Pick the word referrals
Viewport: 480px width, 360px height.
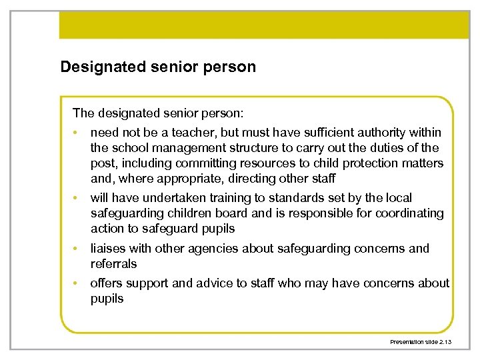(x=114, y=264)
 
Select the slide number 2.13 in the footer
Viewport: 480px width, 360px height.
(x=444, y=342)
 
